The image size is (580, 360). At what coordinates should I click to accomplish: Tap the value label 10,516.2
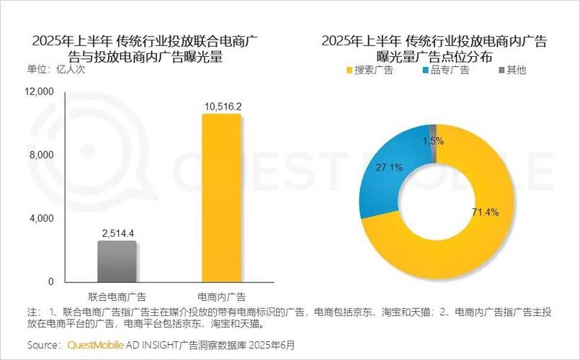pos(222,107)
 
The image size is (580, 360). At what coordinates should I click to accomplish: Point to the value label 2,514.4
pos(117,233)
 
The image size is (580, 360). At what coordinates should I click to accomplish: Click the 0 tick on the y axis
pos(50,282)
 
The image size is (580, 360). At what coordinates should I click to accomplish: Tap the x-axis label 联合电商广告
pos(117,297)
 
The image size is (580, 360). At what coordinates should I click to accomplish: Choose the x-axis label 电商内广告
pos(222,297)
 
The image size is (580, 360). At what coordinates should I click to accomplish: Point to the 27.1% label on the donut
pos(390,168)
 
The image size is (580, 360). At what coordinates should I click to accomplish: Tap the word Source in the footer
pos(44,345)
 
